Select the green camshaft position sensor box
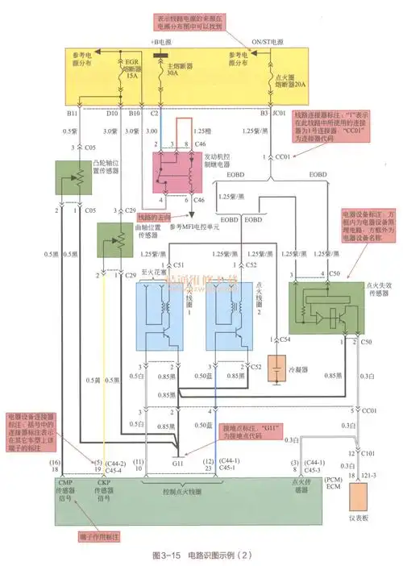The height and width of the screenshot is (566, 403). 71,177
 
